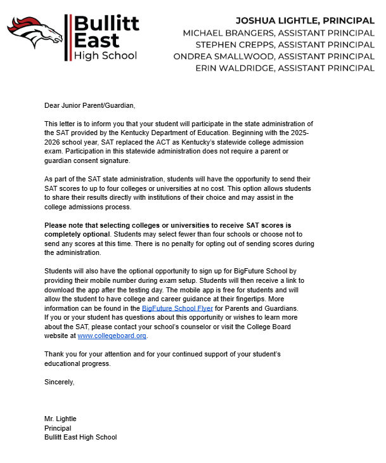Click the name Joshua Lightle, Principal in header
click(305, 20)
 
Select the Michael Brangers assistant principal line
click(278, 32)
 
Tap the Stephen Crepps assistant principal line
click(285, 44)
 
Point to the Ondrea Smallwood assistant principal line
click(274, 56)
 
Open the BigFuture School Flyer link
click(177, 308)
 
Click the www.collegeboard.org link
click(112, 336)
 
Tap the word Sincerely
click(59, 382)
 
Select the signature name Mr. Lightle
click(60, 419)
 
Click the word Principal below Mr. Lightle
click(58, 428)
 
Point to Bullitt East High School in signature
click(80, 437)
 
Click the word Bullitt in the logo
click(106, 24)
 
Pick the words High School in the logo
click(105, 56)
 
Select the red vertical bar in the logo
click(67, 37)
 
